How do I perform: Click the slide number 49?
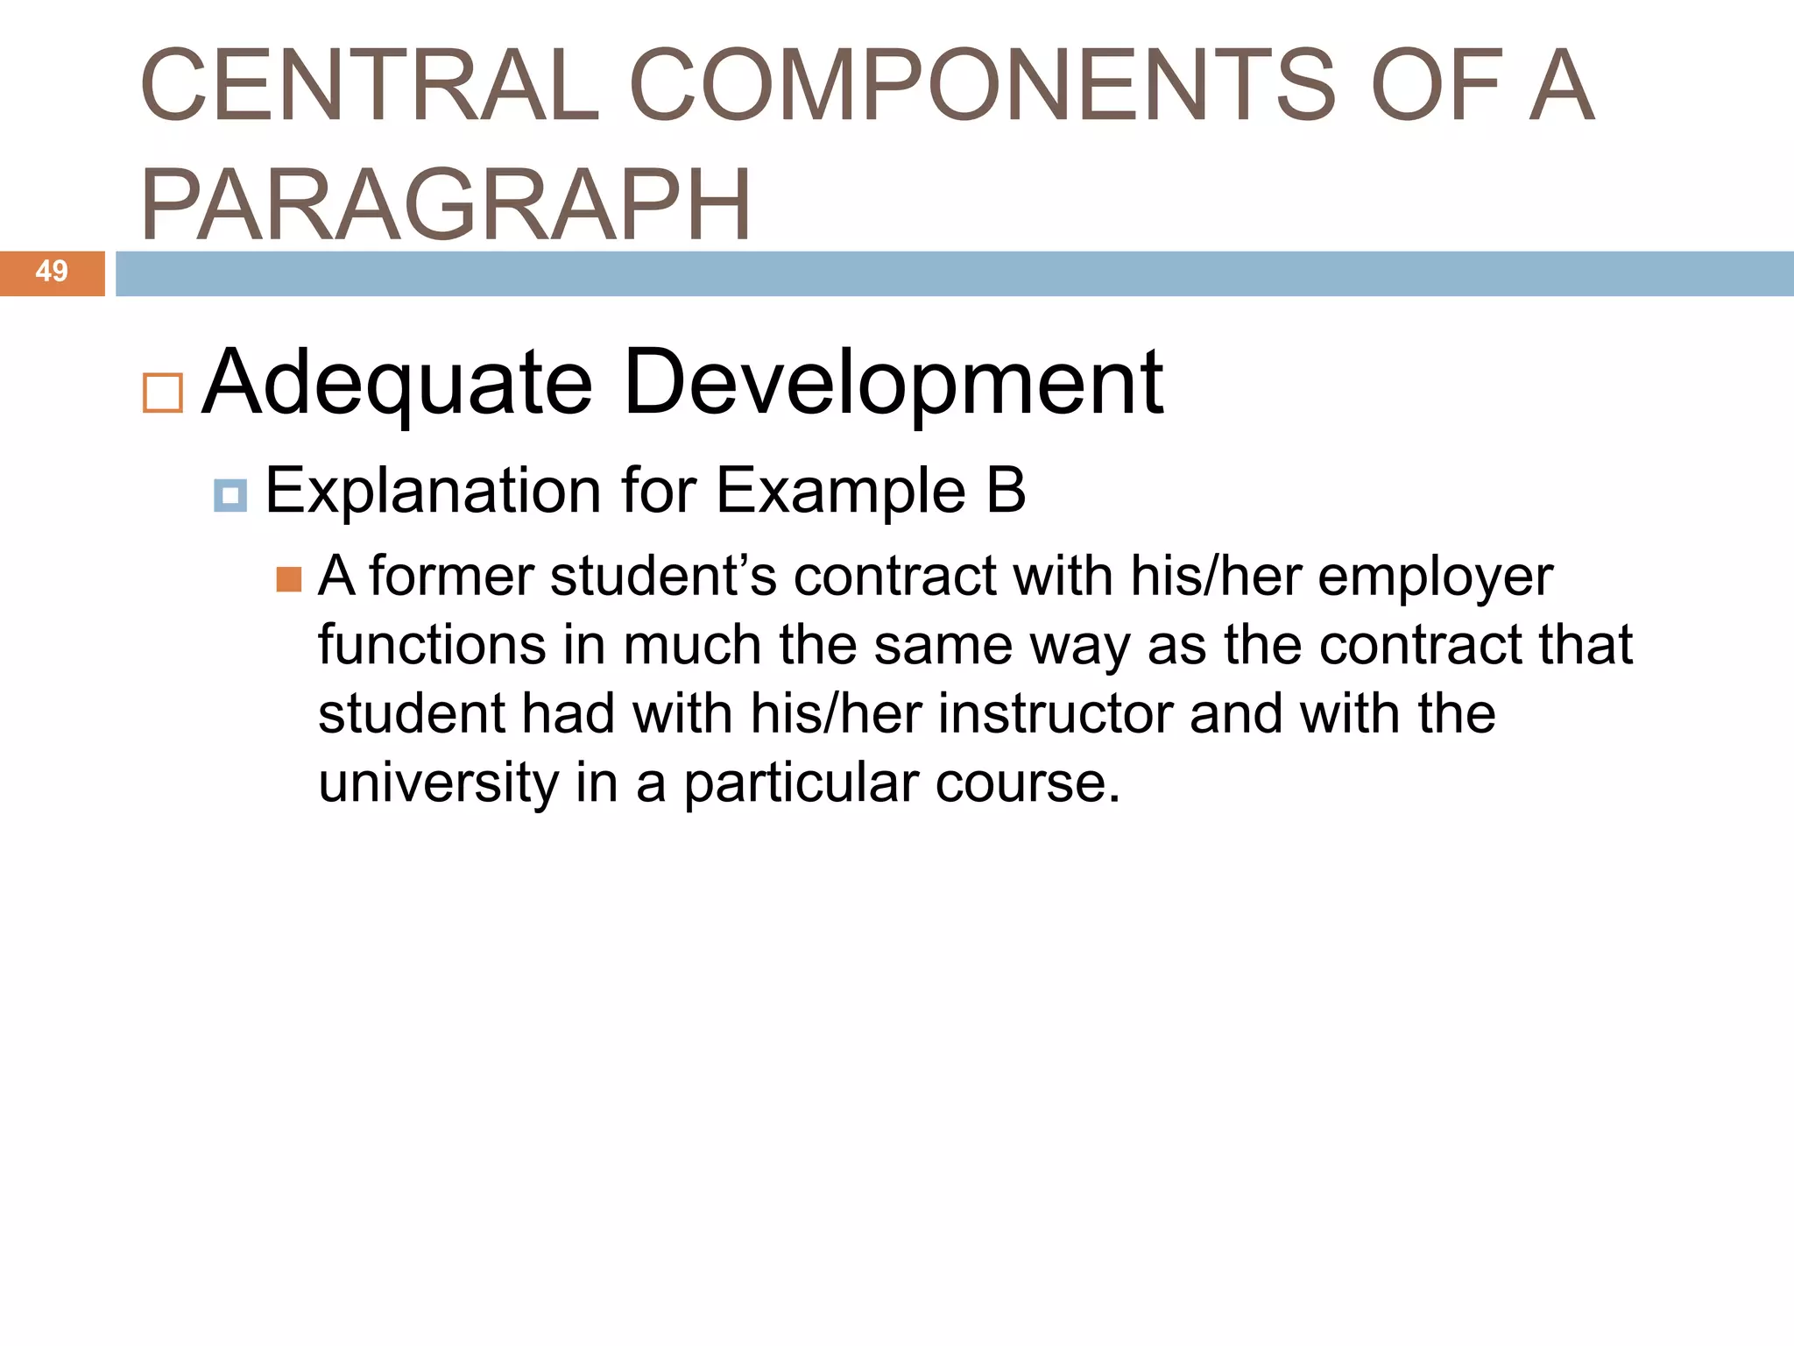[52, 272]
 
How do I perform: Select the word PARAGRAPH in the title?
[446, 205]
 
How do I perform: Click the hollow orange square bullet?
[163, 393]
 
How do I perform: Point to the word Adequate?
[398, 383]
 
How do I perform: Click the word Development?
[893, 383]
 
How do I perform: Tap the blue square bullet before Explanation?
[230, 495]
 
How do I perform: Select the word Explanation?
[433, 491]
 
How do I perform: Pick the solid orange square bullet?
[289, 580]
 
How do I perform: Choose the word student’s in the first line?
[663, 577]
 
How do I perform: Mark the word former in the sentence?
[451, 577]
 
